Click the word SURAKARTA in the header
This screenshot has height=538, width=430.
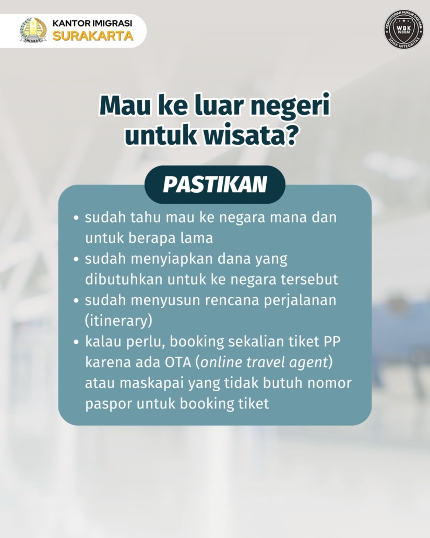pos(92,36)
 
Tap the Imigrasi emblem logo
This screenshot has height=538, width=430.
pos(33,30)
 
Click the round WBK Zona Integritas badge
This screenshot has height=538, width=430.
pos(403,29)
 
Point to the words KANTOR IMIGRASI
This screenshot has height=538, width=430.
pos(92,24)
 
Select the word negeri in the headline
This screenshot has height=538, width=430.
pos(290,106)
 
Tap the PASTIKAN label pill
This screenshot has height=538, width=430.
pos(215,184)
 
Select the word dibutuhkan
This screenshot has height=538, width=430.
pos(124,279)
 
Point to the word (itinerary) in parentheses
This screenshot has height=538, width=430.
pos(118,321)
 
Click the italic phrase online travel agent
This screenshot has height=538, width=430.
pos(265,362)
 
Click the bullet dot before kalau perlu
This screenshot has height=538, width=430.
pos(77,342)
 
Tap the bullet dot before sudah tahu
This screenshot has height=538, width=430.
pos(77,218)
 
